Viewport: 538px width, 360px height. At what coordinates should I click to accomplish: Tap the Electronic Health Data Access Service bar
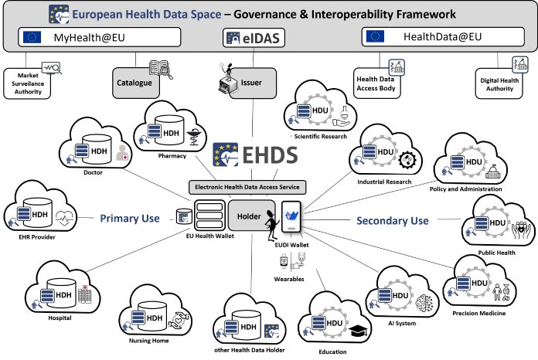coord(248,186)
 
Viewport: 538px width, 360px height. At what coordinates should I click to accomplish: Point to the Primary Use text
coord(129,219)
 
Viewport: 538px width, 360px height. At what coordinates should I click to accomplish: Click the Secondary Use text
coord(392,221)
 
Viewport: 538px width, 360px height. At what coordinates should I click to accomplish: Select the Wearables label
coord(288,279)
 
